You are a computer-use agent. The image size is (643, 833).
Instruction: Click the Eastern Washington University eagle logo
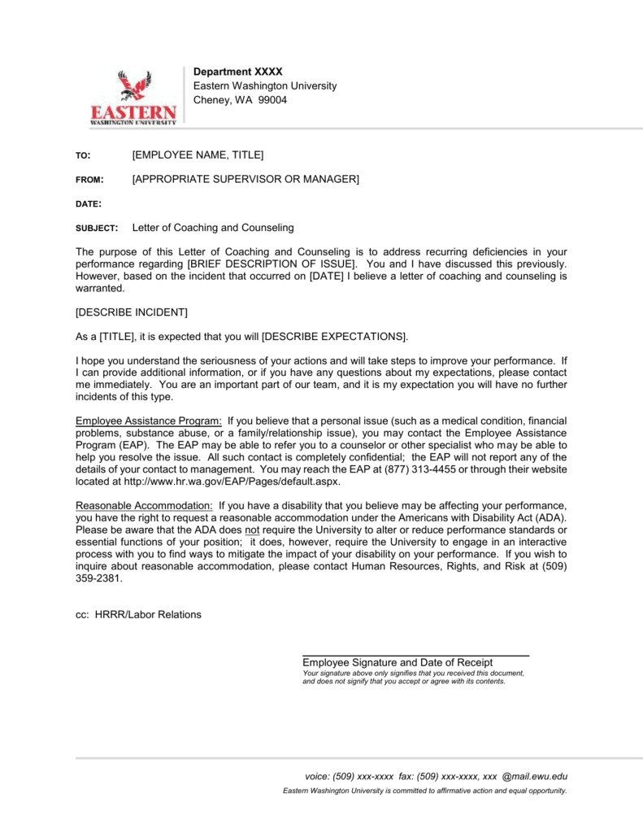pyautogui.click(x=133, y=98)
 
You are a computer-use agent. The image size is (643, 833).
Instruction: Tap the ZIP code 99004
pyautogui.click(x=272, y=100)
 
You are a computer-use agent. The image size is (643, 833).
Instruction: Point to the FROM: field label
pyautogui.click(x=89, y=180)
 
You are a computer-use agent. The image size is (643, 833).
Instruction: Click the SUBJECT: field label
pyautogui.click(x=97, y=229)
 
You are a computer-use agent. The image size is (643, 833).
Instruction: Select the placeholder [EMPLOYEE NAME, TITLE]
pyautogui.click(x=198, y=155)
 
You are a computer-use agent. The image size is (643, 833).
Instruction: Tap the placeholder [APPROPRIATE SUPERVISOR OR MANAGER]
pyautogui.click(x=245, y=179)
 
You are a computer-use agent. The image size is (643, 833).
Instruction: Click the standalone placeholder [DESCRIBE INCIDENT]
pyautogui.click(x=131, y=312)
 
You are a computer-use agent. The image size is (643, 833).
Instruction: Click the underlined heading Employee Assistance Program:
pyautogui.click(x=149, y=421)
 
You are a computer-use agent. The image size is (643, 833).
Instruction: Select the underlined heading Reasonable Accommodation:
pyautogui.click(x=144, y=506)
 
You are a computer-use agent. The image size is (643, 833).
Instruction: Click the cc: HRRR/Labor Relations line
pyautogui.click(x=137, y=614)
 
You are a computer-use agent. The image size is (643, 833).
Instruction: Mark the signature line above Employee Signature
pyautogui.click(x=415, y=655)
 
